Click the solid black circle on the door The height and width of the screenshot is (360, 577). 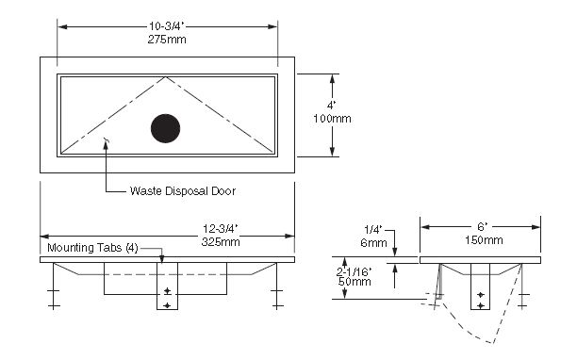[166, 128]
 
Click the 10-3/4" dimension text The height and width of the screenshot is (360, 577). [166, 26]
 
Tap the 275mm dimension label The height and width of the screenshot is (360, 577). [167, 40]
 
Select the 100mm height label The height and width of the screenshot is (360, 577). [332, 119]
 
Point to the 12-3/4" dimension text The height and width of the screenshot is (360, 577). [221, 229]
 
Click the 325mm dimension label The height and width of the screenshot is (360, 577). [221, 242]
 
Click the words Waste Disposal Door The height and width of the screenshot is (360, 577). [183, 191]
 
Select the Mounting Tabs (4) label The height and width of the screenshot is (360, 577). [92, 248]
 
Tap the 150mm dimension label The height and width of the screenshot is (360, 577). [484, 240]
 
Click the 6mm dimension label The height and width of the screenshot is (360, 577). [373, 243]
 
